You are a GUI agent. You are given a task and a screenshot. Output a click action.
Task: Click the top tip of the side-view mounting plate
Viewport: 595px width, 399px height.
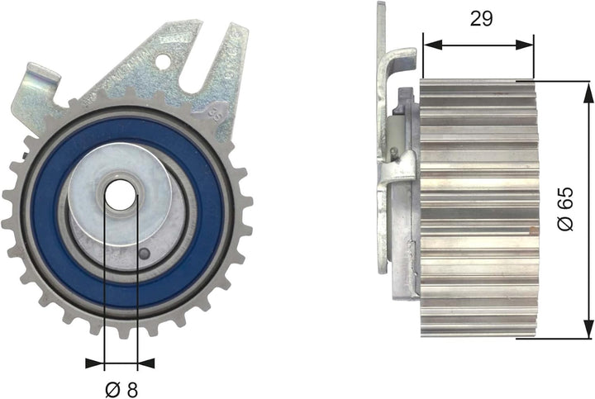(382, 5)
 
